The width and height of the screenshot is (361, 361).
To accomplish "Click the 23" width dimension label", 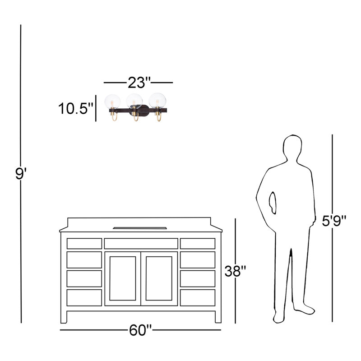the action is coord(139,83).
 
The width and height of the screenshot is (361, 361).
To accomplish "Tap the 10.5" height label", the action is coord(75,108).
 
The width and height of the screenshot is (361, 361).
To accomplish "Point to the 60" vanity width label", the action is coord(140,330).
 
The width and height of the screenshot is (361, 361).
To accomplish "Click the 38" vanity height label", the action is coord(235,271).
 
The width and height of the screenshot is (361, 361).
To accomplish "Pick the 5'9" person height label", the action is coord(334,221).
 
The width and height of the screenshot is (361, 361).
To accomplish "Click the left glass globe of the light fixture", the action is coord(112,102).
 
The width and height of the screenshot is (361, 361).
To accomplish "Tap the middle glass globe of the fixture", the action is coord(134,101).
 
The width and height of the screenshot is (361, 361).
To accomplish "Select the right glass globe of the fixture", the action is coord(157,100).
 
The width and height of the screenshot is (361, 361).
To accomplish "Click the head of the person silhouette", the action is coord(292,148).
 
